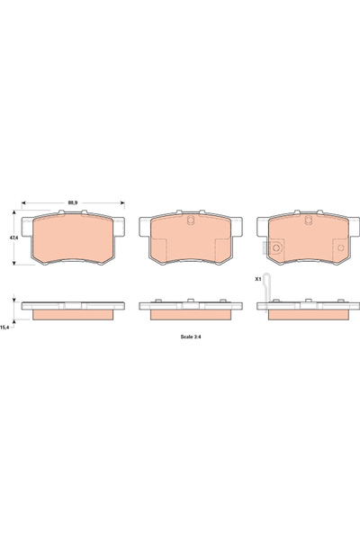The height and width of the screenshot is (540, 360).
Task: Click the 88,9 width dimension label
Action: [72, 202]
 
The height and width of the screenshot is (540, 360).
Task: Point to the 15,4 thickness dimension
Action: [4, 328]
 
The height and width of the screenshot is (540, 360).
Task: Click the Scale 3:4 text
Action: [191, 337]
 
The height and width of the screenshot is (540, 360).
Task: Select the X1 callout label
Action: [257, 279]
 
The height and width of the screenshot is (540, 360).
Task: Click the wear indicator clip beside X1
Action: [266, 292]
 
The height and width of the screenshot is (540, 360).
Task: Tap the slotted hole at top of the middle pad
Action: [191, 220]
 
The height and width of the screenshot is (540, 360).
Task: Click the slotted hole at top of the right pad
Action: [309, 220]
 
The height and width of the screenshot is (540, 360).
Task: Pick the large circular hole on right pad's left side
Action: [276, 247]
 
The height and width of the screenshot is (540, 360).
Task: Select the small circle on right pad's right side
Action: [341, 247]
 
